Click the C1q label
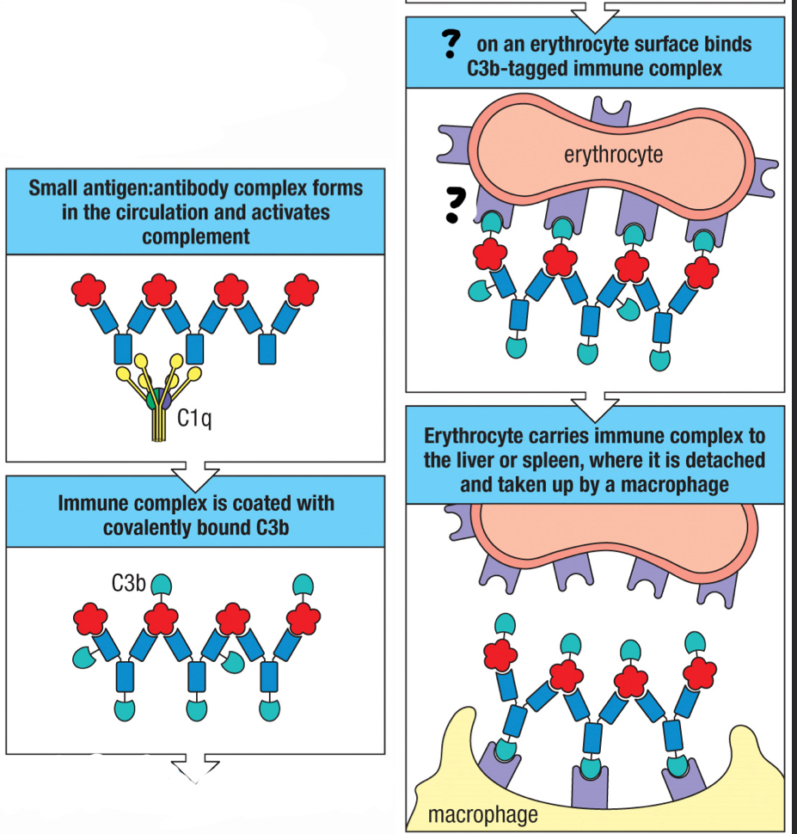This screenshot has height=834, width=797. tap(194, 419)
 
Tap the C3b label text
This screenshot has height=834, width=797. tap(128, 584)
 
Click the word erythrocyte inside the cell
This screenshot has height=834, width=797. tap(613, 155)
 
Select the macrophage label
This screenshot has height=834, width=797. tap(482, 813)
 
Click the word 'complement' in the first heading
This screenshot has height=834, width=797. tap(195, 236)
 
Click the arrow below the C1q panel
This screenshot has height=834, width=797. tap(195, 472)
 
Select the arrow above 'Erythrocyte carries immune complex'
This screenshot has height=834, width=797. tap(595, 401)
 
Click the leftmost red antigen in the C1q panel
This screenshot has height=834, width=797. tap(89, 290)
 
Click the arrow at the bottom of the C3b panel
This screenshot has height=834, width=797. tap(195, 766)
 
